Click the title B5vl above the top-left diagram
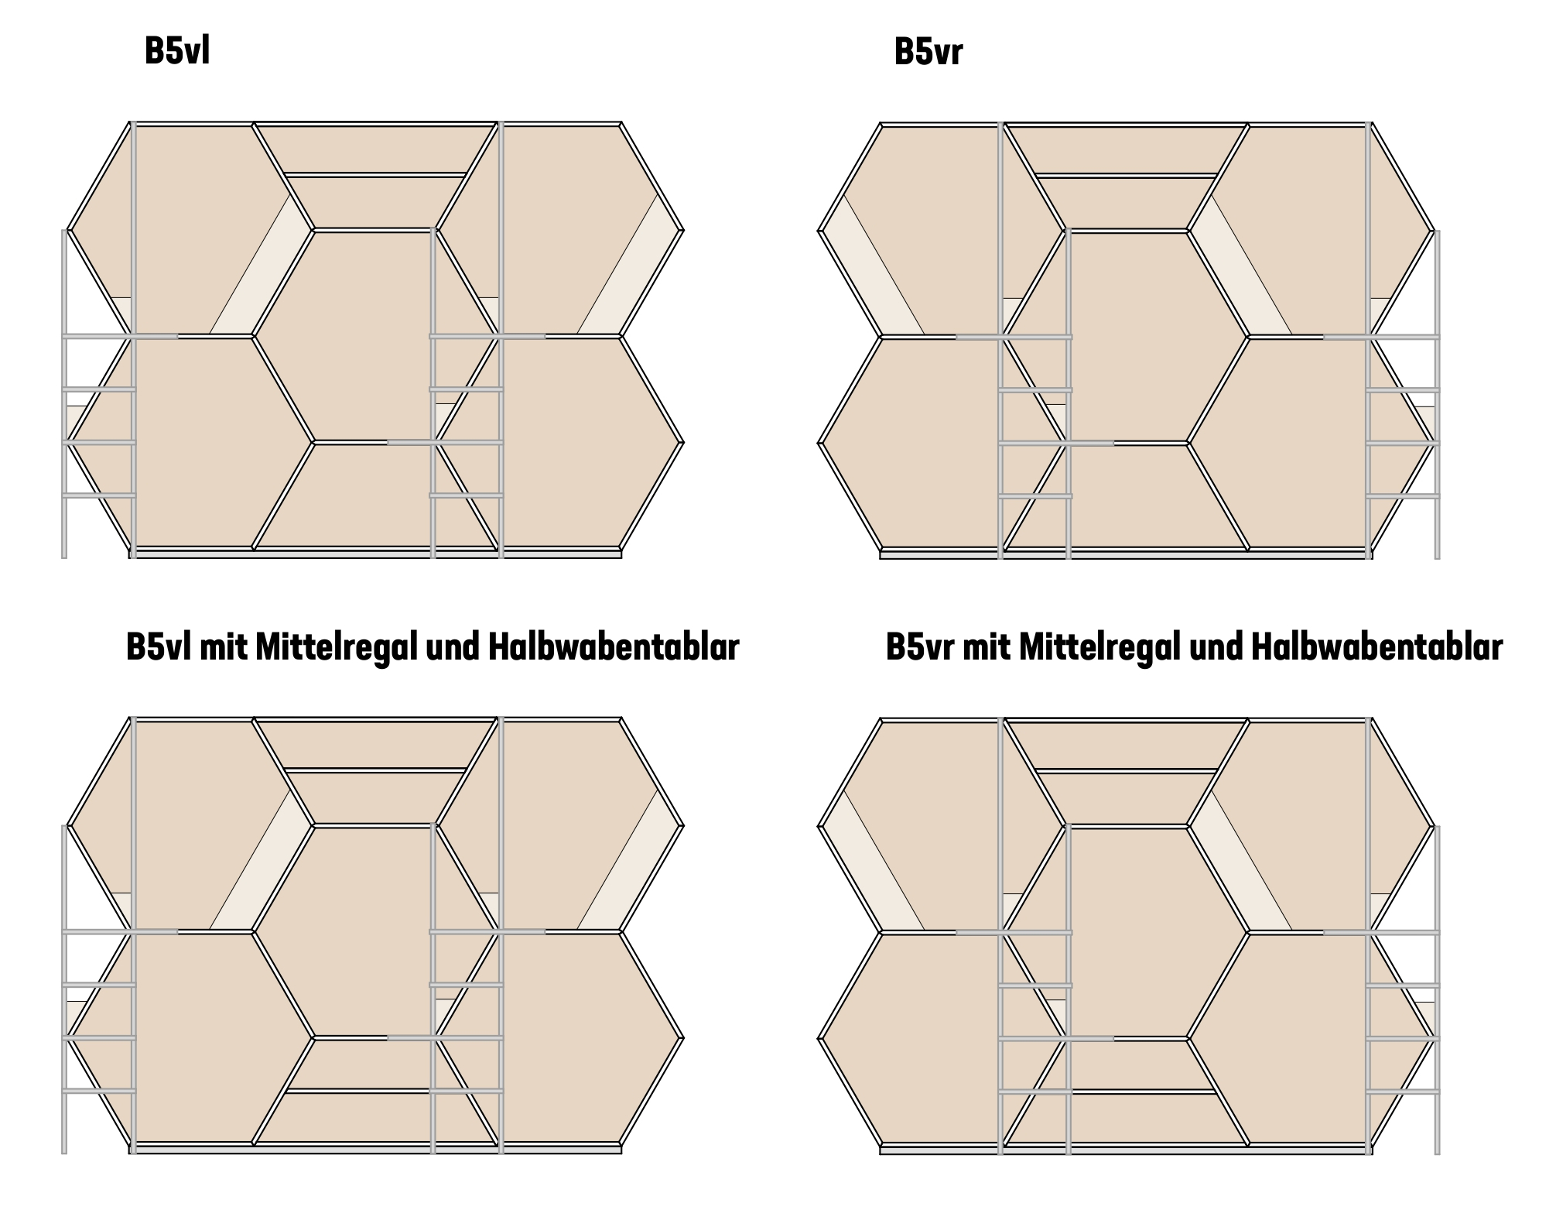coord(177,52)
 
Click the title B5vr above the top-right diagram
coord(928,53)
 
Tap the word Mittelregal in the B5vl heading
coord(336,647)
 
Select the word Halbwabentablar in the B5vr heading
coord(1376,646)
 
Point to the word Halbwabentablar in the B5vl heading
coord(614,647)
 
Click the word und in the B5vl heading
coord(453,648)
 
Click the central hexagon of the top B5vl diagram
coord(375,336)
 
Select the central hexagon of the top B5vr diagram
coord(1126,337)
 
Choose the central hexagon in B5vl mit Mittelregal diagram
coord(375,931)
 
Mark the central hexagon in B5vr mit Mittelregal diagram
coord(1126,932)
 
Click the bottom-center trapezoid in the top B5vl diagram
coord(375,495)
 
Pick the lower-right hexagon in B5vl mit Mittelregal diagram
coord(559,1037)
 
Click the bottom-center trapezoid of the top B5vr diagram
coord(1126,496)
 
